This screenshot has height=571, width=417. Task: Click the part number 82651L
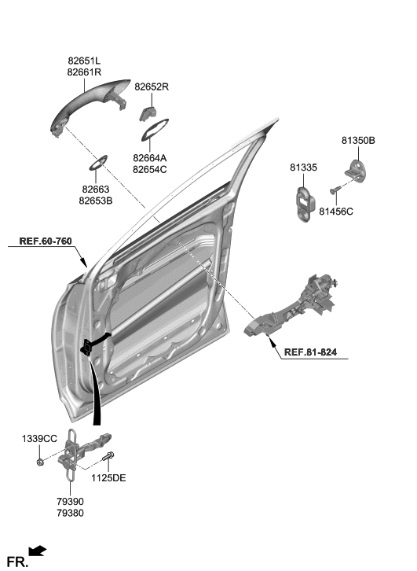84,60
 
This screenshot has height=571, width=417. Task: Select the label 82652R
152,87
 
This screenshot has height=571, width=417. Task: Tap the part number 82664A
150,158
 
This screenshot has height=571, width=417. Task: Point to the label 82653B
96,201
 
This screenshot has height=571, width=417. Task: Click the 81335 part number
303,168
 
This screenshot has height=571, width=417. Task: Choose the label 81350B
358,140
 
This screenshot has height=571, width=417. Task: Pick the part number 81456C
336,212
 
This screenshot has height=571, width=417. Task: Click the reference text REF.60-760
46,241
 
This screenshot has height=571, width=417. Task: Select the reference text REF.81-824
310,352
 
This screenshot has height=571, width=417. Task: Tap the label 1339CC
39,439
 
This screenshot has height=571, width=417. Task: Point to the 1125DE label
108,477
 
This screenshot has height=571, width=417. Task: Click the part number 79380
70,513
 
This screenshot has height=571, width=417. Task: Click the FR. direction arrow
38,551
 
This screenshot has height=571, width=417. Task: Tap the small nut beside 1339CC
40,462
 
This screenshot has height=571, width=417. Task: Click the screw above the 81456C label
335,190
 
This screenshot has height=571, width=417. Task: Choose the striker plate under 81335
305,204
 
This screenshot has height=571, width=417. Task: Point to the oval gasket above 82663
98,163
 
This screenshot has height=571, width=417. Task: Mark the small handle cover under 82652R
147,113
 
